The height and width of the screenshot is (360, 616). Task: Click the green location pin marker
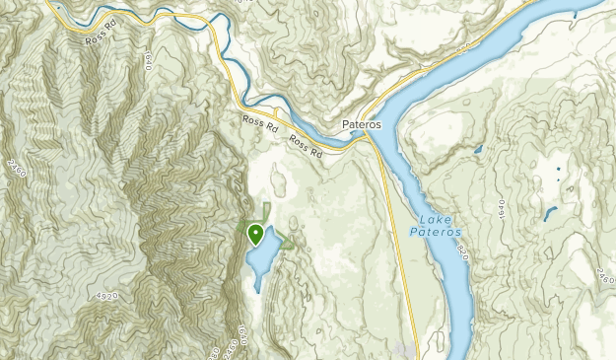coord(256,235)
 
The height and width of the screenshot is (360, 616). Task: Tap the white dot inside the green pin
coord(256,233)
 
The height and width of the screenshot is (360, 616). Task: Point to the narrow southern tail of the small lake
coord(257,286)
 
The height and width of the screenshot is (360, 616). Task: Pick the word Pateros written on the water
coord(435,233)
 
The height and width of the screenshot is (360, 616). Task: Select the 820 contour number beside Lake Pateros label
coord(459,255)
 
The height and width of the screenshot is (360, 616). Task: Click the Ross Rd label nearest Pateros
coord(307,149)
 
